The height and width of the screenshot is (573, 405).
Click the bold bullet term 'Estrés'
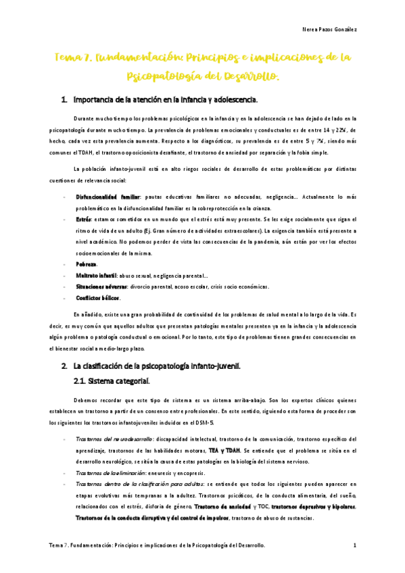84,220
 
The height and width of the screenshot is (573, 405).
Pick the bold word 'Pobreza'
87,264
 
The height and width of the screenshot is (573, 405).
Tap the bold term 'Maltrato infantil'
97,275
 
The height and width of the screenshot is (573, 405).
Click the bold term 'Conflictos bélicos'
99,298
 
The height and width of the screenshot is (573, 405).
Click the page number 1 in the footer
355,545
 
